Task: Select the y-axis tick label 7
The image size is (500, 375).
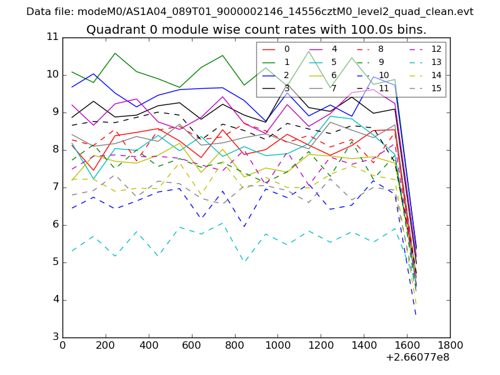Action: coord(54,187)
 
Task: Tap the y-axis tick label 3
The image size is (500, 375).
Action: coord(54,337)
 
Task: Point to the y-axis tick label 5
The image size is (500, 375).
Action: coord(54,262)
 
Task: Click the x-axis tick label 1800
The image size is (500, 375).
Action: coord(450,344)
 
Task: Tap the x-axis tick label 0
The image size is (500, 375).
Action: coord(62,344)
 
